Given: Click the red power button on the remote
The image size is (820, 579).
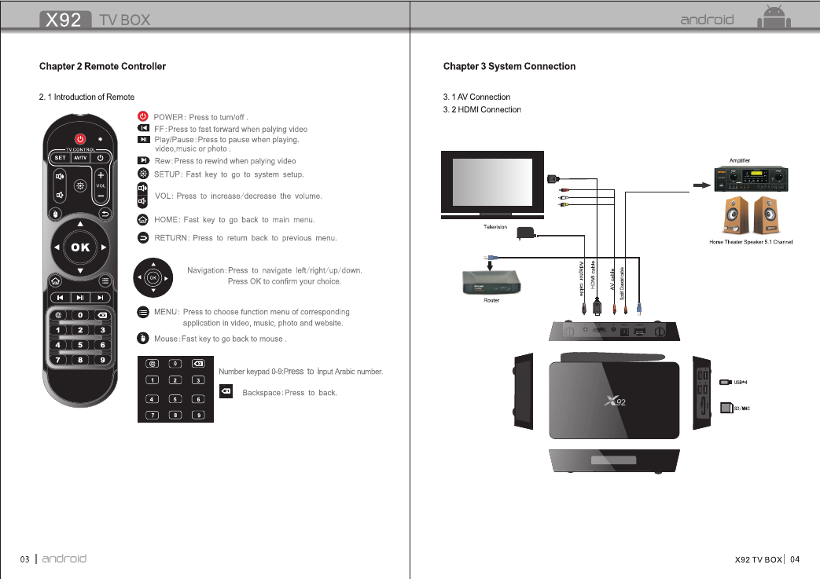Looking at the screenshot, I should coord(79,140).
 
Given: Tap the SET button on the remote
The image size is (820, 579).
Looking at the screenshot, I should coord(60,156).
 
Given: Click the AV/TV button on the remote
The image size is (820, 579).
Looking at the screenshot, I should coord(80,156).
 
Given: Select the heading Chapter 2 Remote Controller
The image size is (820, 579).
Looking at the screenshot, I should coord(102,66).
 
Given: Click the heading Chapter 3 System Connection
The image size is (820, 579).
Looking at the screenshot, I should coord(509,66).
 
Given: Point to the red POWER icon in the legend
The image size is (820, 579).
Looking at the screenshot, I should coord(143,117).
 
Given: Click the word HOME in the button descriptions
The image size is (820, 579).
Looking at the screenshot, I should coord(165,220).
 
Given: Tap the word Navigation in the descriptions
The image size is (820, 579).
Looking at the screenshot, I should coord(205,270).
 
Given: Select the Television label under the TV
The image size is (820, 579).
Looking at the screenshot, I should coord(494,227).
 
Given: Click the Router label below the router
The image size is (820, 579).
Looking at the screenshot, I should coord(491,300).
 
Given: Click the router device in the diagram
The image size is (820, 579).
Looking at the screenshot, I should coord(491,281).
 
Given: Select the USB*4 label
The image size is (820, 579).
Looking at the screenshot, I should coord(741,383).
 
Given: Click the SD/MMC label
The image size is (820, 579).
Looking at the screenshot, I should coord(741,409).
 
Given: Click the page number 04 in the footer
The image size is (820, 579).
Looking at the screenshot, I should coord(796,559).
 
